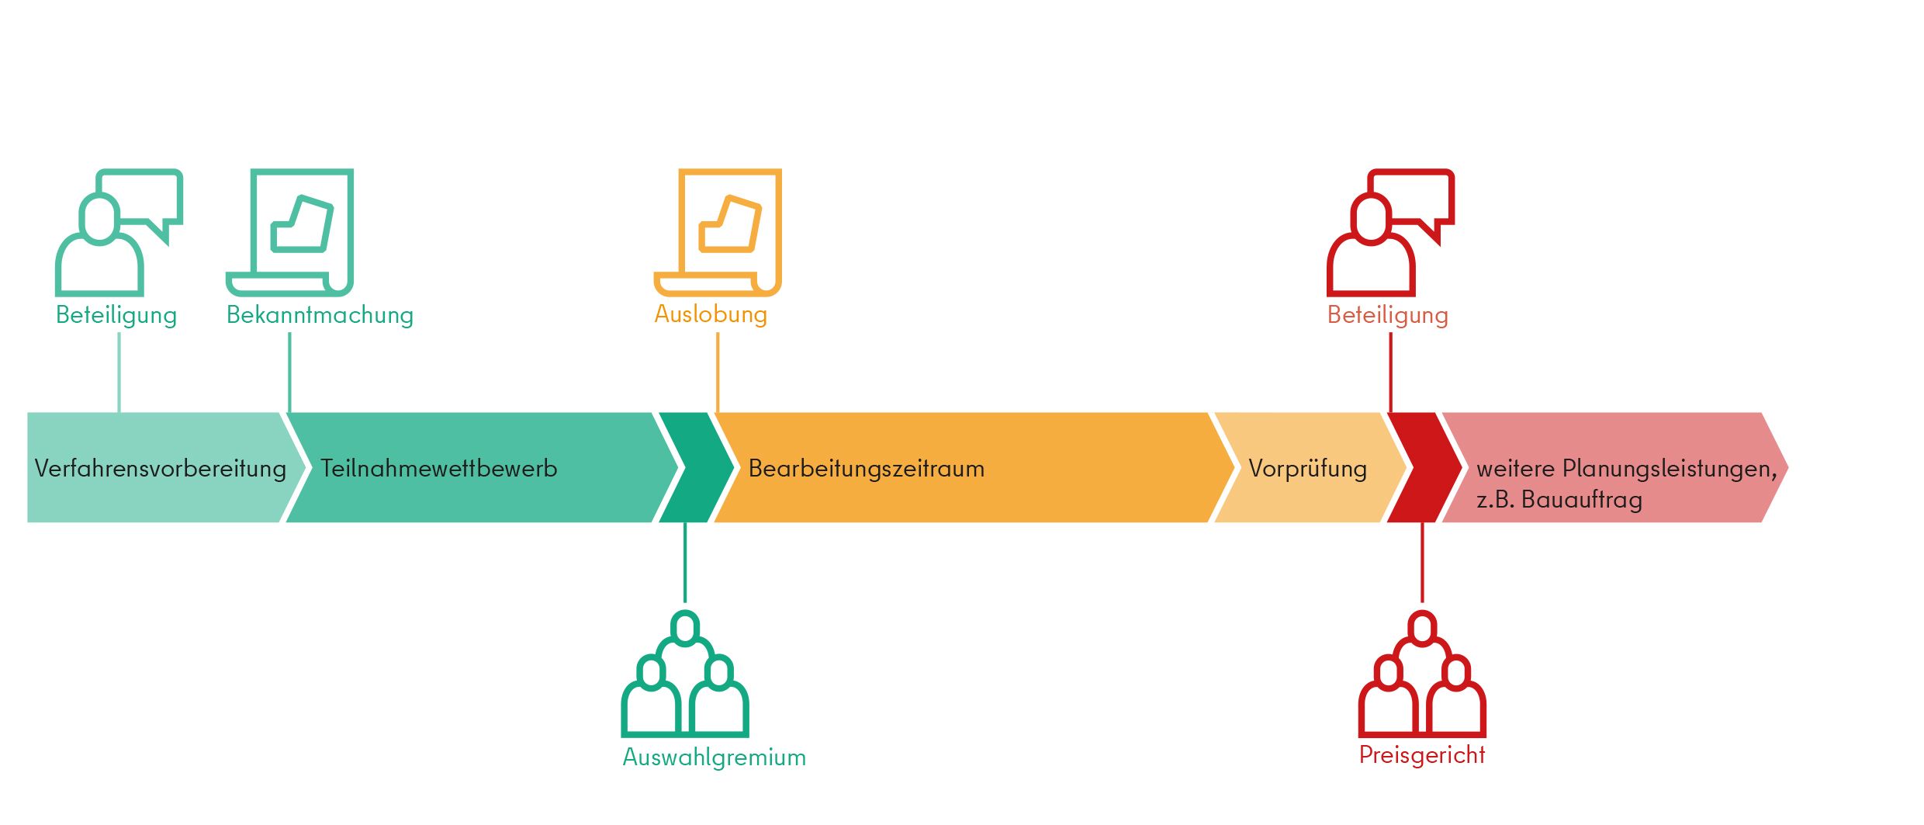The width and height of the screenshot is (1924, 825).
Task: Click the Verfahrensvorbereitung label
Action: [x=161, y=469]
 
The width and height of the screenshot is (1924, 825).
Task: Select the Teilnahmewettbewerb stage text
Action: [x=439, y=469]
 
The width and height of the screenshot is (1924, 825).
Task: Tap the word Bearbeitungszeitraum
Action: [x=867, y=469]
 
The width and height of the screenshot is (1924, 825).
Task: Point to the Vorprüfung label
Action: [x=1308, y=469]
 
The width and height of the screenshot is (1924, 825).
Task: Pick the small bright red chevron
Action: [x=1424, y=467]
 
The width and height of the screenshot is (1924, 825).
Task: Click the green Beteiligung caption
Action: [x=116, y=315]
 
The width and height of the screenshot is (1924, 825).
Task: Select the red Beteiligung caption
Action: [x=1388, y=315]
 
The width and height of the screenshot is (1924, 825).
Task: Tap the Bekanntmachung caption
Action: [x=320, y=315]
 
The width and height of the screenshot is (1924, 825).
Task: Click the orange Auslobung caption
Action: [x=711, y=314]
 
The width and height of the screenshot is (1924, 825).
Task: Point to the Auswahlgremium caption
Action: [x=715, y=757]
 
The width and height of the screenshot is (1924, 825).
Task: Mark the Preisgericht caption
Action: [x=1422, y=755]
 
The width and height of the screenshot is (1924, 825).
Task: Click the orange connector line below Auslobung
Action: [x=718, y=373]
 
